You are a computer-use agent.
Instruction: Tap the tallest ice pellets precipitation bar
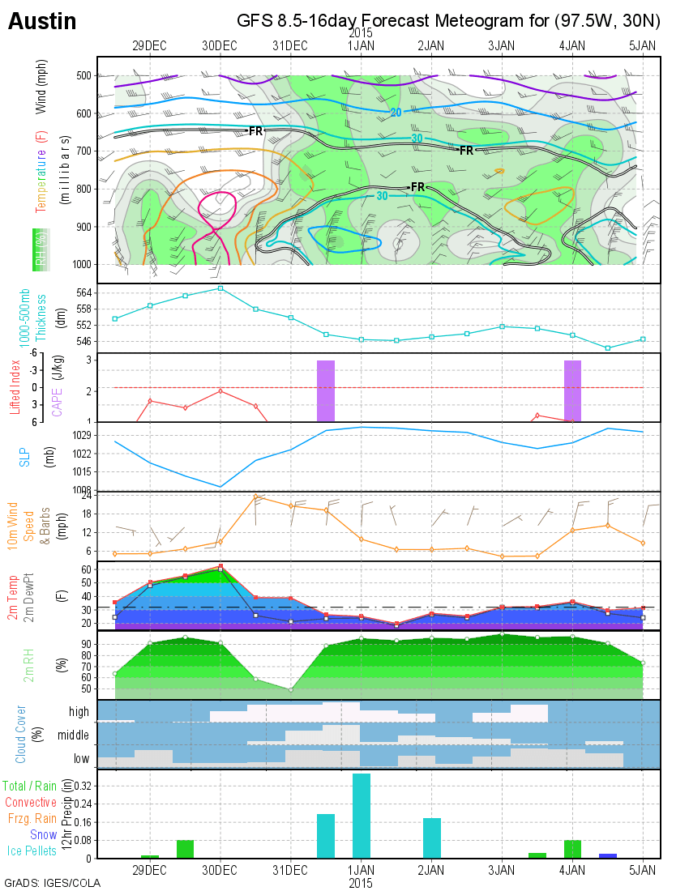tap(361, 815)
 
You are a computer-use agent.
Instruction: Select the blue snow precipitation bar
tap(608, 855)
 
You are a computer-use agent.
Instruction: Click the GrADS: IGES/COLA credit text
tap(52, 883)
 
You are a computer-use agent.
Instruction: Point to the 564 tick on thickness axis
tap(81, 292)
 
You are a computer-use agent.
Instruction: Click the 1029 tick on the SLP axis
tap(79, 435)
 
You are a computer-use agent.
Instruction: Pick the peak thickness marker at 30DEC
tap(220, 288)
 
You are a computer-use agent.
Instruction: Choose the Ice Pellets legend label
tap(32, 850)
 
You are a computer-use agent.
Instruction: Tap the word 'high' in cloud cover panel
tap(79, 710)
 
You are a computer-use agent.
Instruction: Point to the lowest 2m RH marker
tap(290, 689)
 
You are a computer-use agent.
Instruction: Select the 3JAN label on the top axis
tap(502, 45)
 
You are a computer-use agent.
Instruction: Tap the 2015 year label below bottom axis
tap(361, 882)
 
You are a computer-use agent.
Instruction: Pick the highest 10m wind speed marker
tap(255, 497)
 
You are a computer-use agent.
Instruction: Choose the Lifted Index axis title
tap(15, 386)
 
